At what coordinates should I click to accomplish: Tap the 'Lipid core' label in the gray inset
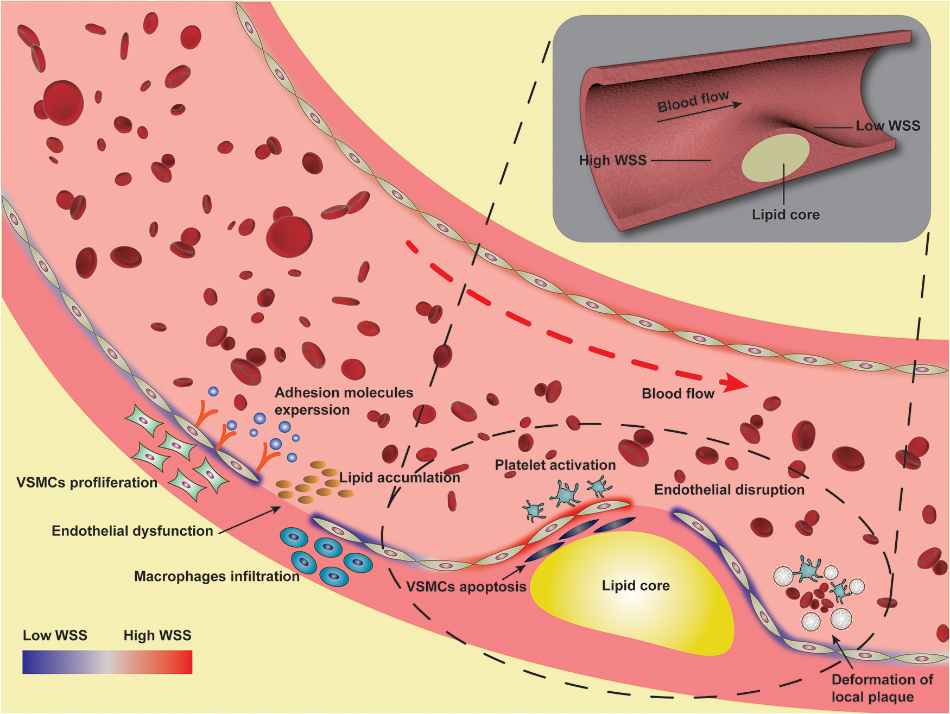(x=786, y=215)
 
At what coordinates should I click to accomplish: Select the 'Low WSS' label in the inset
(x=888, y=126)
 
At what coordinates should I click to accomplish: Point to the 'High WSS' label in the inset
(x=612, y=161)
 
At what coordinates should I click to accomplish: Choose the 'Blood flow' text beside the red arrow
(x=677, y=394)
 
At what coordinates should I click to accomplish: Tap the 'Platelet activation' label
(x=555, y=465)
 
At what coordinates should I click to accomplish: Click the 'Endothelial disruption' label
(x=729, y=490)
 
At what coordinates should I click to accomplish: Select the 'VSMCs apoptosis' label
(x=466, y=587)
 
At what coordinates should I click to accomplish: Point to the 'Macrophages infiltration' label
(x=217, y=577)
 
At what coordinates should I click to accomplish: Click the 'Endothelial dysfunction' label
(x=132, y=531)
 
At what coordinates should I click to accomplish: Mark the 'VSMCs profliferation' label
(x=87, y=483)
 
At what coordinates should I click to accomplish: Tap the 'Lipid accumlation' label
(x=400, y=478)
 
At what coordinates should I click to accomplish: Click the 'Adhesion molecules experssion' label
(x=343, y=401)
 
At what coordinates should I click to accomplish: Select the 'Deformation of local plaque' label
(x=882, y=688)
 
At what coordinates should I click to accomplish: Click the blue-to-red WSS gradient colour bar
(x=107, y=662)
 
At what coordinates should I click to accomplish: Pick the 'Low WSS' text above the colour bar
(x=55, y=636)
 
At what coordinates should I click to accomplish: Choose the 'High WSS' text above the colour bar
(x=157, y=636)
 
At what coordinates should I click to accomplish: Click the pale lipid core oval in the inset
(x=775, y=157)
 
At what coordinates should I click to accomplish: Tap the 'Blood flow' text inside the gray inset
(x=693, y=102)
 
